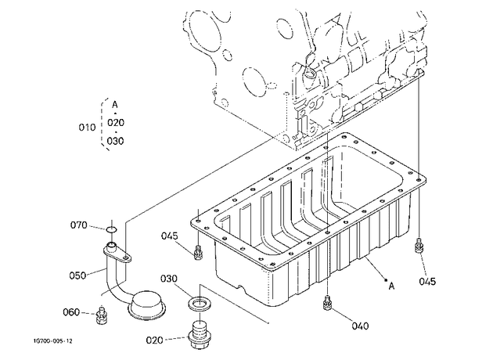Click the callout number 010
coord(87,128)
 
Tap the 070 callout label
coord(78,225)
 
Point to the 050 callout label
coord(77,275)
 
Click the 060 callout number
coord(71,312)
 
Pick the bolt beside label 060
coord(101,315)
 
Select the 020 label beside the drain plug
coord(155,340)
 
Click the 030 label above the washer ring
coord(169,279)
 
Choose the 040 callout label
coord(360,326)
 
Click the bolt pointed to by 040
coord(327,302)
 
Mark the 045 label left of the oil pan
coord(170,236)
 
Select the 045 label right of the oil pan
coord(427,282)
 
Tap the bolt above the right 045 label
coord(419,245)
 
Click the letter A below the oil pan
coord(391,286)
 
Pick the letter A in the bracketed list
coord(115,104)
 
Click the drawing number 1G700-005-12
coord(53,341)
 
